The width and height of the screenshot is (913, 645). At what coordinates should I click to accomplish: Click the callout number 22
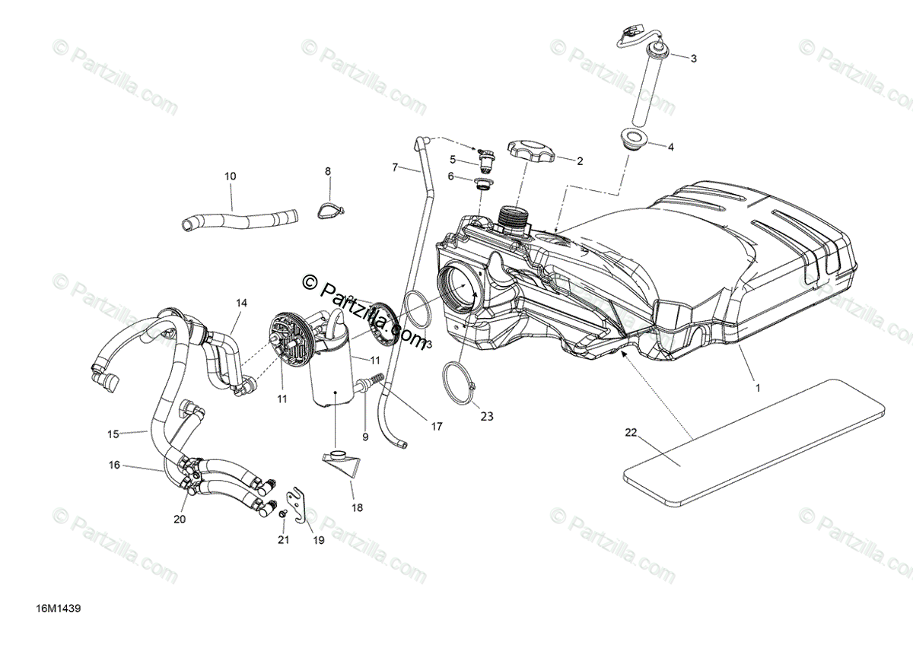click(631, 433)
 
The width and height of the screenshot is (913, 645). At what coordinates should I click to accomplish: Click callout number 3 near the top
click(693, 58)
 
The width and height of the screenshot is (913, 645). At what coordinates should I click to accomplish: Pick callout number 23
click(487, 416)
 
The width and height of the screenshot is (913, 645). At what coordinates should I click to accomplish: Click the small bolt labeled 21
click(283, 515)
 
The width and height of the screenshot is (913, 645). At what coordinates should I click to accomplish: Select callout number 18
click(358, 507)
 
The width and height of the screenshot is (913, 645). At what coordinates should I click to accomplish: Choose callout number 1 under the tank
click(757, 387)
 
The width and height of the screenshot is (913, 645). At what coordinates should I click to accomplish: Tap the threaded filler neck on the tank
click(512, 219)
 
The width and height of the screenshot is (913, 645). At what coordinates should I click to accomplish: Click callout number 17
click(437, 427)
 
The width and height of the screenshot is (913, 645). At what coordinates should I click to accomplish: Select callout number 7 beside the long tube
click(395, 167)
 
